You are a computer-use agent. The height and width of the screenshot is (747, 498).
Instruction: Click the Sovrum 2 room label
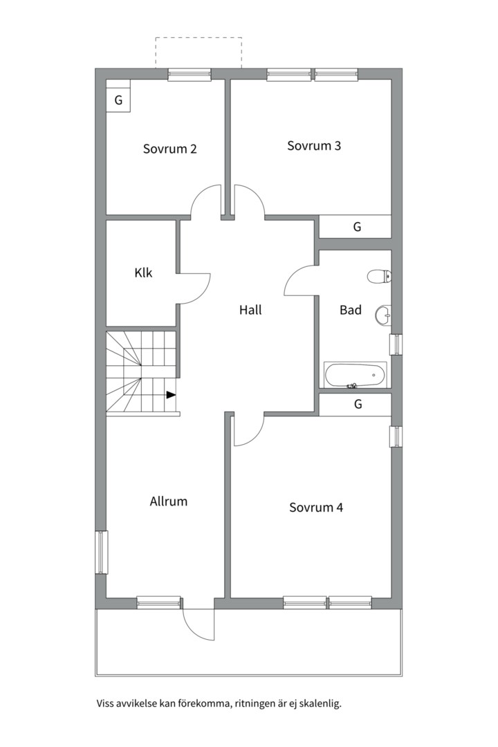169,149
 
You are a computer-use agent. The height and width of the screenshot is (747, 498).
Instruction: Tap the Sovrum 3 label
313,145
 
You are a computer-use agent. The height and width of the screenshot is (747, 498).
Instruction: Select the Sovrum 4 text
316,508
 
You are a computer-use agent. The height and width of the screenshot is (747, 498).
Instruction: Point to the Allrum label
168,501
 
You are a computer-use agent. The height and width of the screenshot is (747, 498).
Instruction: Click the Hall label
250,310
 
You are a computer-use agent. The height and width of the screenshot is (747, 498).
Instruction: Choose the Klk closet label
143,273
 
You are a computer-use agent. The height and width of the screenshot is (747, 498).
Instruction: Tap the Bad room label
350,310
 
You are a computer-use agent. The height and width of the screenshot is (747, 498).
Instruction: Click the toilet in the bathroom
379,276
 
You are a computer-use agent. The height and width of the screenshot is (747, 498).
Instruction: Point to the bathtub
356,375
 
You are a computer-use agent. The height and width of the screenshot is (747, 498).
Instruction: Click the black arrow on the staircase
171,394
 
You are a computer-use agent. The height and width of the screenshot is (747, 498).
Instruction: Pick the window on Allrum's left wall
101,552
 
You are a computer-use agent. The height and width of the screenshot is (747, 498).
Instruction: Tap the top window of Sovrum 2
190,74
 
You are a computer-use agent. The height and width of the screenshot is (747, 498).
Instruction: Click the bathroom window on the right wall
396,344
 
